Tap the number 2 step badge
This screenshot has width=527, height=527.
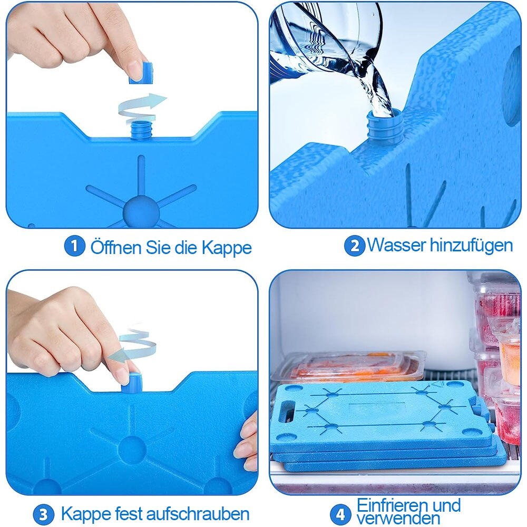pyautogui.click(x=355, y=246)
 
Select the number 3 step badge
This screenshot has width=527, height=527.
pyautogui.click(x=43, y=514)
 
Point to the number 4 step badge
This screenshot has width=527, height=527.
pyautogui.click(x=340, y=514)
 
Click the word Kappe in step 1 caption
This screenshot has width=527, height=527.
pyautogui.click(x=227, y=248)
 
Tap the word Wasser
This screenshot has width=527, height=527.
pyautogui.click(x=397, y=245)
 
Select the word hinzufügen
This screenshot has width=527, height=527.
pyautogui.click(x=472, y=246)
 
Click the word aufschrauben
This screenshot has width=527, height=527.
pyautogui.click(x=198, y=514)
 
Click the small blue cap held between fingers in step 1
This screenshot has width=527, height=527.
pyautogui.click(x=141, y=73)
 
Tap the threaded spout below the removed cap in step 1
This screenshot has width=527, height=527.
pyautogui.click(x=141, y=130)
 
